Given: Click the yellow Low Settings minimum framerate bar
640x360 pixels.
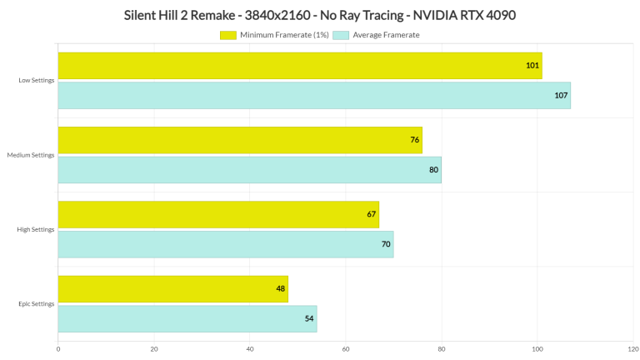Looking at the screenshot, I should coord(300,66).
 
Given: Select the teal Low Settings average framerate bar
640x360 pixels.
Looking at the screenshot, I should coord(314,96).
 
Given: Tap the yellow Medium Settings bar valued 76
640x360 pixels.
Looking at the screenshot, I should coord(240,140).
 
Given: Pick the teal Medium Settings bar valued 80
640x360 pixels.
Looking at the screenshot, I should coord(249,170).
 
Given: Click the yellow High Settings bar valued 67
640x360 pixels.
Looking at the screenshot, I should coord(218,214).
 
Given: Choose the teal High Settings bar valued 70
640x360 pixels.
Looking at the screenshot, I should coord(225,244).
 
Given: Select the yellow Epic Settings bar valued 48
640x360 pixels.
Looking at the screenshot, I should coord(172,289).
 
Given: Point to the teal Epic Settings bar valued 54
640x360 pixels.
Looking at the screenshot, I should coord(187,319).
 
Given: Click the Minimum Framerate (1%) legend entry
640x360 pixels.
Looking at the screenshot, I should coord(274,35).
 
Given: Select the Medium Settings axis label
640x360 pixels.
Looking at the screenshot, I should coord(31,155).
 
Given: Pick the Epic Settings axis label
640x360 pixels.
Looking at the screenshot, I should coord(37,304).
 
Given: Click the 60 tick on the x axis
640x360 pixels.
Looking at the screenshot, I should coord(346,349).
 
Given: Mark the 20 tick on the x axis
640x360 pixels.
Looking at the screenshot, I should coord(154,349).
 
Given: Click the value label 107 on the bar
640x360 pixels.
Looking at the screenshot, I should coord(561,96).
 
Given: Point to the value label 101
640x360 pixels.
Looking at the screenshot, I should coord(532,66).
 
